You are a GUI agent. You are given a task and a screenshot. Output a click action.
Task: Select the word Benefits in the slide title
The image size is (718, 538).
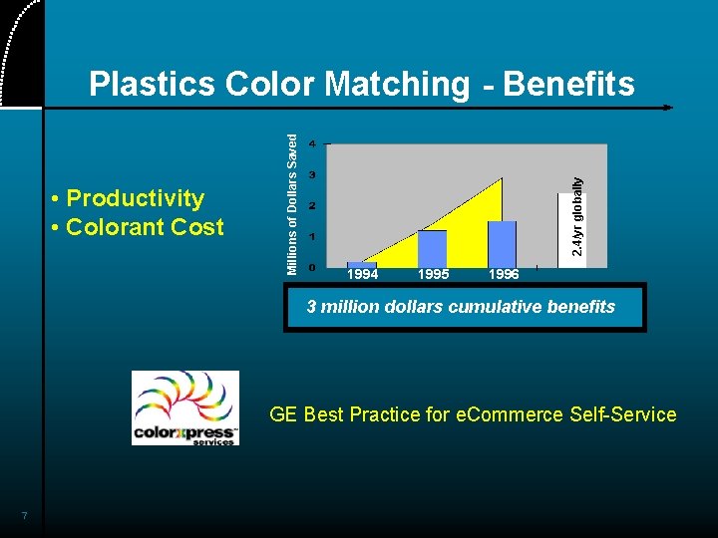coord(568,85)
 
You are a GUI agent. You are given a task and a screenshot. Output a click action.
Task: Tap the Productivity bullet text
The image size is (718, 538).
coord(135,198)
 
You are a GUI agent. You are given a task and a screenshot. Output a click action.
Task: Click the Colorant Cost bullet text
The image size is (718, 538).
coord(145,227)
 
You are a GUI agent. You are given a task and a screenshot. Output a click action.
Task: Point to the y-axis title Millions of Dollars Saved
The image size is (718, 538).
coord(292,204)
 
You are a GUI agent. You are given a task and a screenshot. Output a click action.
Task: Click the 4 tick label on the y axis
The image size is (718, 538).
coord(312,143)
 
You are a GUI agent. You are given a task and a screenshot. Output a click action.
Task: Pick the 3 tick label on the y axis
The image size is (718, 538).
coord(312,175)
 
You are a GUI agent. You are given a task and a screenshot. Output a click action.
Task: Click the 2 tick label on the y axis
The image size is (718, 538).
coord(312,206)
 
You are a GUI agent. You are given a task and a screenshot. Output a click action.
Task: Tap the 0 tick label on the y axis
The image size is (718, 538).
coord(312,267)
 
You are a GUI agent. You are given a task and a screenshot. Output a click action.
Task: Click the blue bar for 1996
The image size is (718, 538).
coord(503,244)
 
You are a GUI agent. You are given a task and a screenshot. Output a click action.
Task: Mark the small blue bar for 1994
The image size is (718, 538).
coord(361,265)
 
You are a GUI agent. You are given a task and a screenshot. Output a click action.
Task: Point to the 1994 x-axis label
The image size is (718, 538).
coord(362,274)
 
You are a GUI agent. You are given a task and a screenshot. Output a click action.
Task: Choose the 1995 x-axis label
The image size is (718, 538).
coord(433,274)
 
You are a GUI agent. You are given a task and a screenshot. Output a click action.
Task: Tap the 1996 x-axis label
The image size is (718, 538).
coord(504,274)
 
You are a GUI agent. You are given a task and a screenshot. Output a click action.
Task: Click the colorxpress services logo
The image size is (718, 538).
coord(185,408)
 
